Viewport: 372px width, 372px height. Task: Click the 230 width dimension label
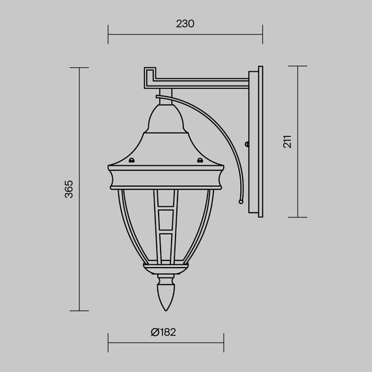(x=185, y=24)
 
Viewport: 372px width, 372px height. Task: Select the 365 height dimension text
(x=69, y=189)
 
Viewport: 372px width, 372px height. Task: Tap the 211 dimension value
(x=287, y=142)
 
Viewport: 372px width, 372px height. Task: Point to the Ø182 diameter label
(x=163, y=332)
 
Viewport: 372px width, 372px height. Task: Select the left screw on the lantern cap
(x=132, y=159)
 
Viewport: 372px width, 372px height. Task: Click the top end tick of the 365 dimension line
(x=79, y=67)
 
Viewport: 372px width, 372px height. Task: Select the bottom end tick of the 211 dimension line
(x=298, y=218)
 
